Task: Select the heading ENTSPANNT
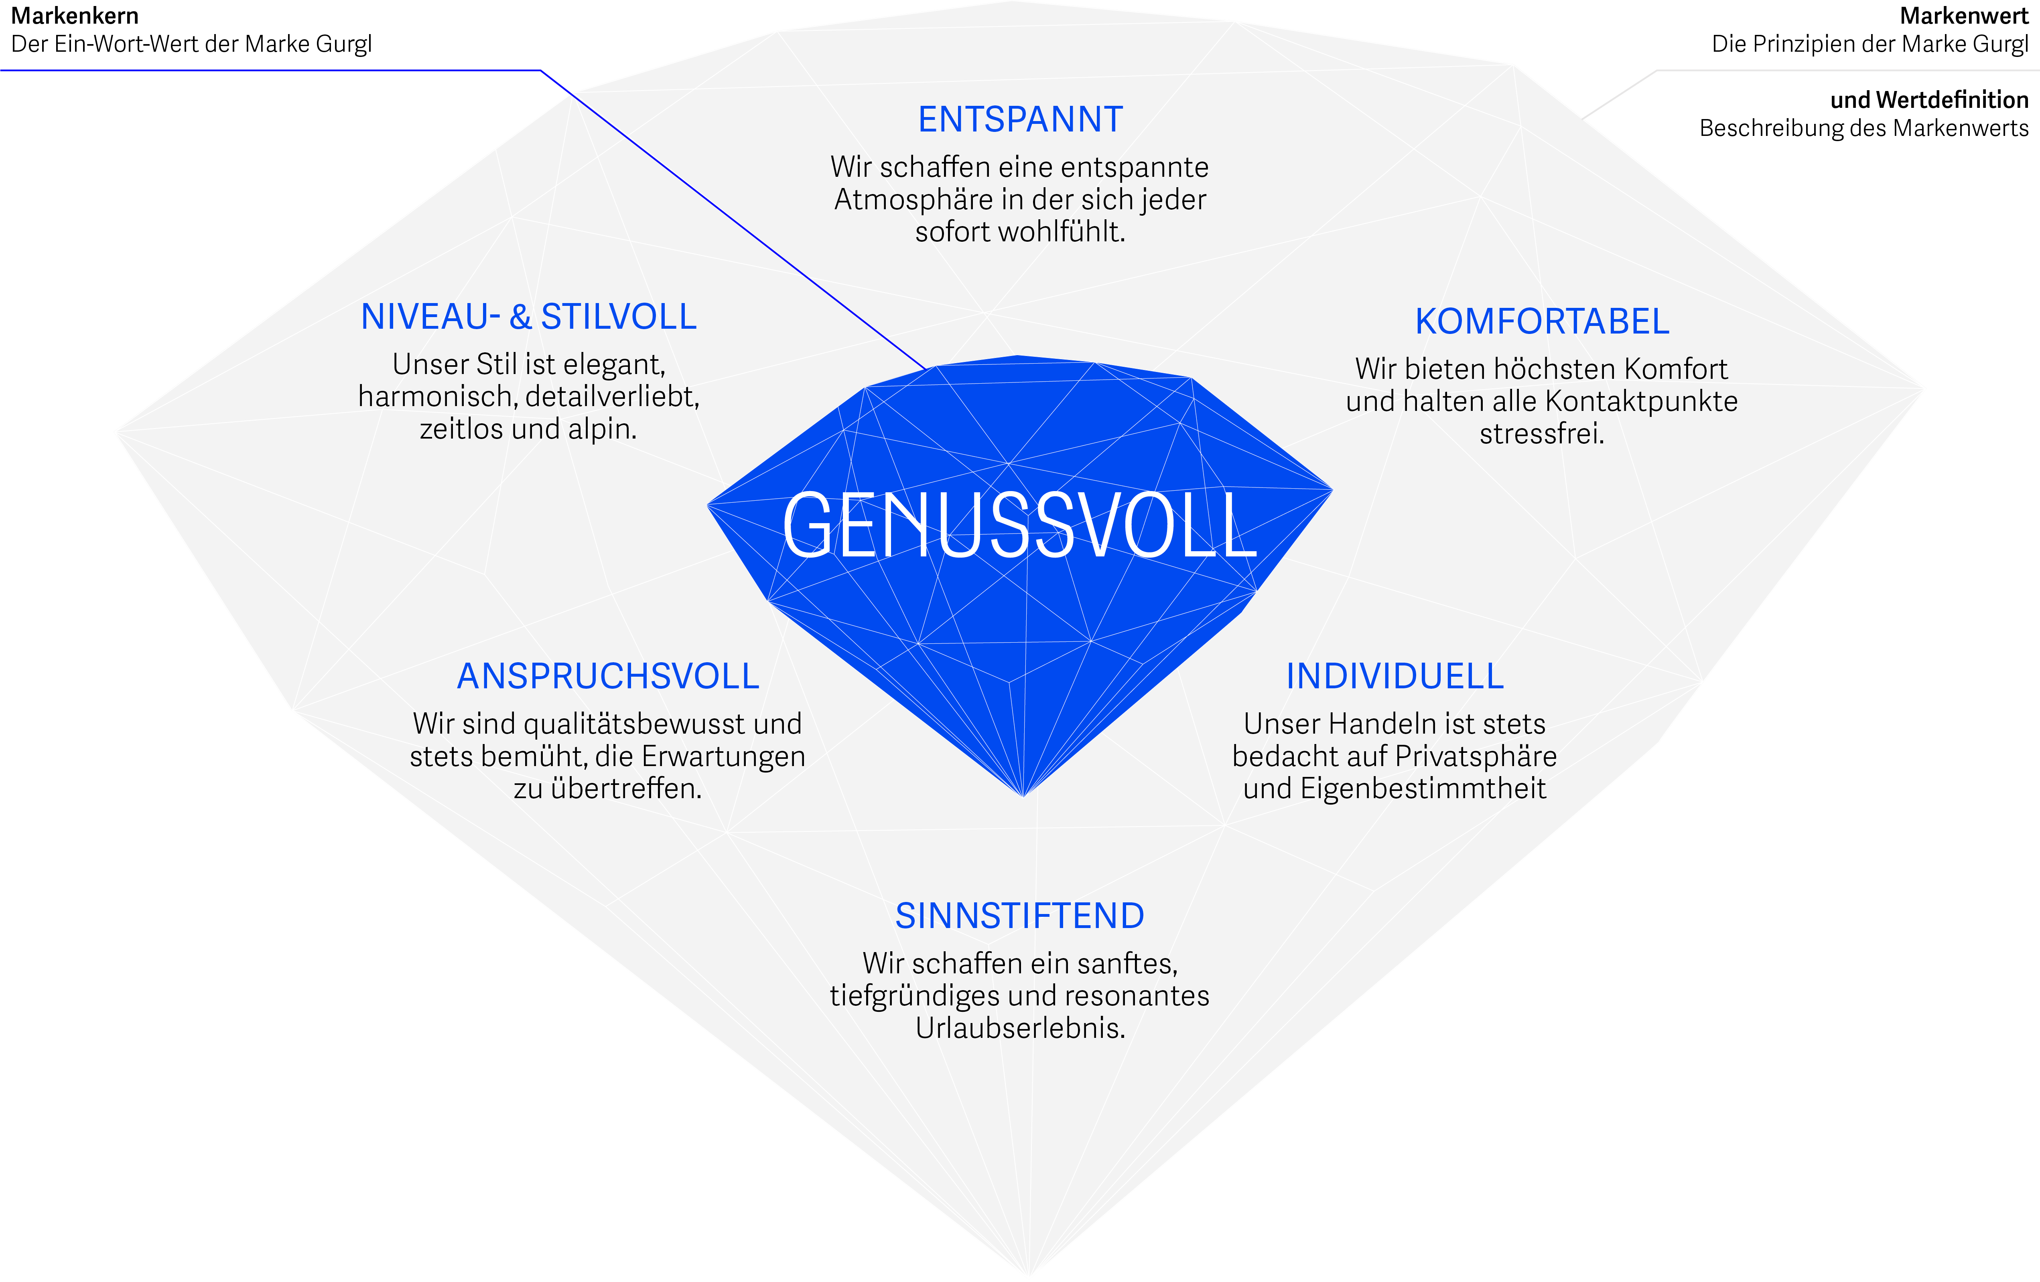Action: click(x=1020, y=119)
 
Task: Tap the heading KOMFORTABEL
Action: click(x=1542, y=322)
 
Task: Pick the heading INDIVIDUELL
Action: click(x=1395, y=677)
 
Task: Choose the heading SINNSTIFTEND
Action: click(x=1020, y=916)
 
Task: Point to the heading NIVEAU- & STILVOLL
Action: click(x=529, y=317)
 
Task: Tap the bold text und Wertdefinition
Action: click(x=1929, y=100)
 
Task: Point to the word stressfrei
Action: click(x=1542, y=433)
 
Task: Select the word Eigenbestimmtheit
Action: click(x=1423, y=789)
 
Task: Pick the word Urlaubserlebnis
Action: click(x=1020, y=1028)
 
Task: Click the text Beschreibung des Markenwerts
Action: click(x=1864, y=129)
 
